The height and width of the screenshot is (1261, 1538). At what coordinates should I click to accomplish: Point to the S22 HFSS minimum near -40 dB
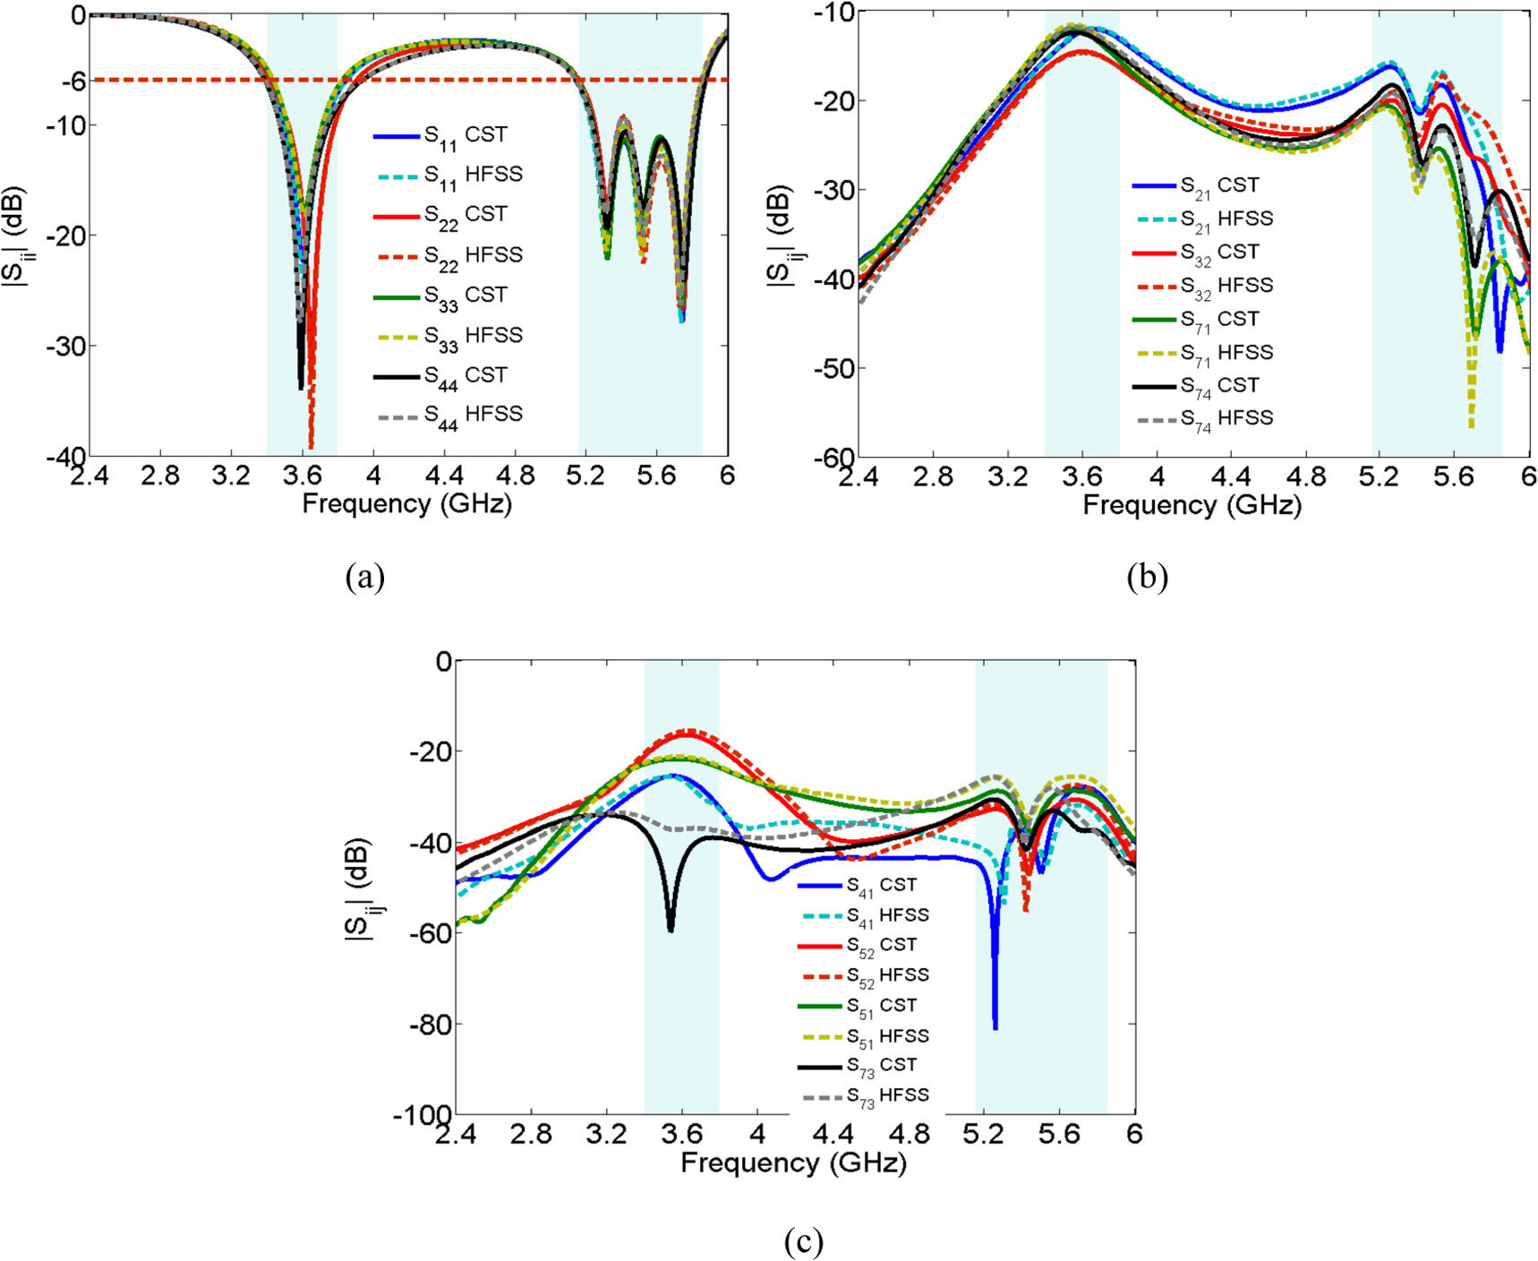[311, 445]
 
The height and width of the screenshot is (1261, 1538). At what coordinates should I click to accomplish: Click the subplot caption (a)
[364, 577]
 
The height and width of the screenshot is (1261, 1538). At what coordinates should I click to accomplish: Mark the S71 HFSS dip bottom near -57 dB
[1471, 425]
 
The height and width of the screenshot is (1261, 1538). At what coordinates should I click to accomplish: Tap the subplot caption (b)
[1147, 578]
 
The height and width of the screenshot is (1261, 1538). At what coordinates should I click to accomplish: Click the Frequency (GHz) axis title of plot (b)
[1192, 505]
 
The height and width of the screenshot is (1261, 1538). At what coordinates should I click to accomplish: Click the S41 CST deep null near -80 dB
[995, 1027]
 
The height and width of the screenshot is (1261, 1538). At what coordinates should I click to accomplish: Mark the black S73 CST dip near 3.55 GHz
[671, 929]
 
